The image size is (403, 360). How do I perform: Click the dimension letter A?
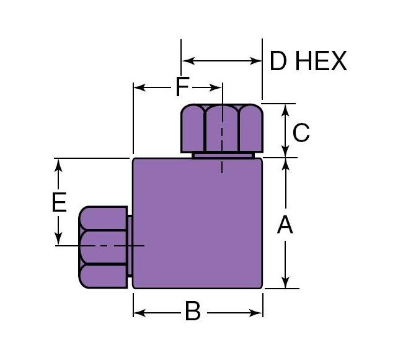[x=285, y=225]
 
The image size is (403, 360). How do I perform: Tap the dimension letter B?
[x=193, y=312]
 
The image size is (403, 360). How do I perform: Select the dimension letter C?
[x=301, y=133]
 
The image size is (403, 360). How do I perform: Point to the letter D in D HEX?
[x=278, y=61]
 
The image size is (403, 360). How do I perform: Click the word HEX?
[x=321, y=61]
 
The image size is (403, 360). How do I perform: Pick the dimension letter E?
[x=60, y=202]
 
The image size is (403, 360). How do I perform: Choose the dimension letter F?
[x=182, y=86]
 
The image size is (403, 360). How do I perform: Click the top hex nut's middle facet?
[x=222, y=128]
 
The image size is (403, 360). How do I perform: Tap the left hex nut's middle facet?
[x=104, y=247]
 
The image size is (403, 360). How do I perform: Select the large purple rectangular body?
[x=197, y=223]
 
